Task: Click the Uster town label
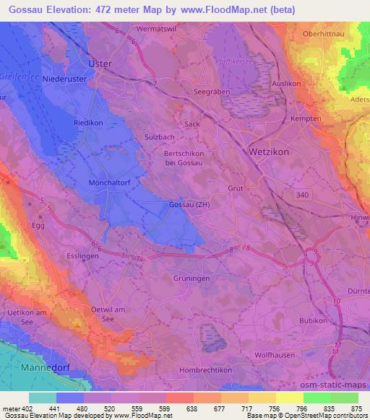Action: (100, 64)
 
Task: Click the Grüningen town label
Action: (192, 277)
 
